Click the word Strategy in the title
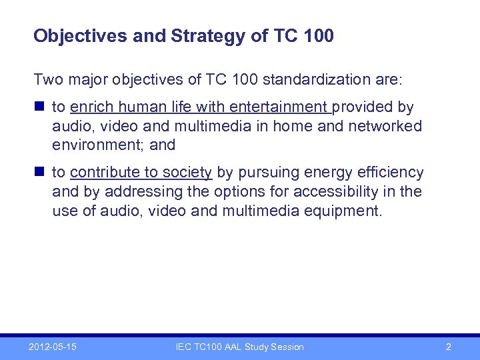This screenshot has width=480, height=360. click(208, 36)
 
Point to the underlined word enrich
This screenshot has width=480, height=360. click(91, 107)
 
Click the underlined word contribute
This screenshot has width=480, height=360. click(105, 173)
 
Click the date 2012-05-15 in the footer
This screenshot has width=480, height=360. click(53, 347)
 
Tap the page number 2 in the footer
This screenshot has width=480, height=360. click(448, 347)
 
